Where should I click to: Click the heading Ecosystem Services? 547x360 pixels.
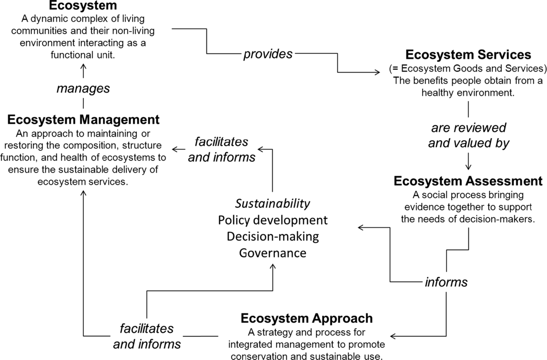(x=468, y=55)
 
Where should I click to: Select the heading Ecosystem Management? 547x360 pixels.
(x=83, y=120)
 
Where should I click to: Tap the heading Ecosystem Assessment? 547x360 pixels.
(x=468, y=181)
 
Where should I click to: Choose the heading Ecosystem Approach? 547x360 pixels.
(x=306, y=318)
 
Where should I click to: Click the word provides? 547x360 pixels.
(x=268, y=54)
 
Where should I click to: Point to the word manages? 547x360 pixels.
(x=83, y=88)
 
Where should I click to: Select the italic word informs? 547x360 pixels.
(x=446, y=282)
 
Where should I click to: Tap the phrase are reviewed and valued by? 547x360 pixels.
(x=468, y=135)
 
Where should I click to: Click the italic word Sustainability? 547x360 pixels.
(x=273, y=203)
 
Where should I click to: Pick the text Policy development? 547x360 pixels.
(x=273, y=220)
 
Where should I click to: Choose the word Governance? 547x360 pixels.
(x=273, y=253)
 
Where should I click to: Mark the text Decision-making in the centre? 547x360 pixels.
(x=273, y=237)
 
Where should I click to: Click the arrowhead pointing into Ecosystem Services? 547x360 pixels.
(x=377, y=72)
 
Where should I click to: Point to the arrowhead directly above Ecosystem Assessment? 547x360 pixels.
(x=468, y=166)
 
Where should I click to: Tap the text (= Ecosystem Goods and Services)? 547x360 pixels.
(x=468, y=69)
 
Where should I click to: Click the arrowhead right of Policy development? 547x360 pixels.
(x=360, y=227)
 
